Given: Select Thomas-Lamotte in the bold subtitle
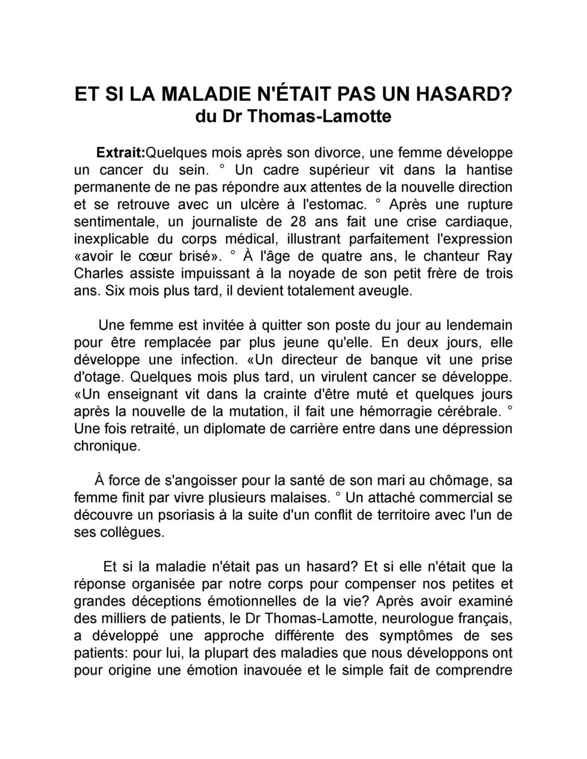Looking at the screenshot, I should [319, 116].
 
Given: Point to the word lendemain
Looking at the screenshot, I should [471, 325].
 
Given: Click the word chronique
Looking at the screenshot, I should [107, 446].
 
